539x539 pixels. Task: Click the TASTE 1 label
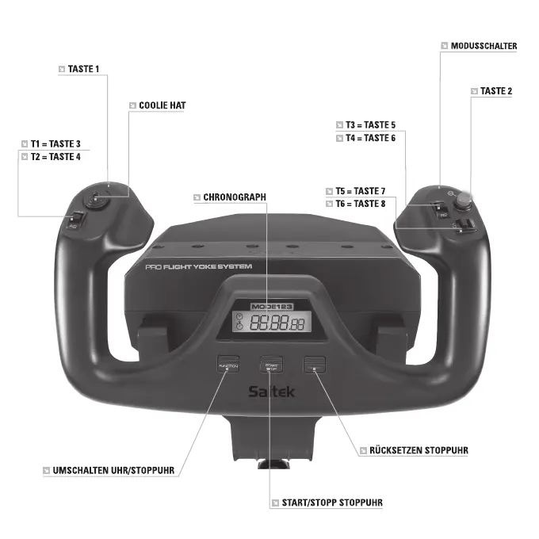point(84,69)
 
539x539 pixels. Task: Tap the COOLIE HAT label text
point(162,105)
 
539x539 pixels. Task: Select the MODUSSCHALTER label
point(484,46)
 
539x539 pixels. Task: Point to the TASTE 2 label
point(496,91)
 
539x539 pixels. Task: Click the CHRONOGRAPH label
point(235,197)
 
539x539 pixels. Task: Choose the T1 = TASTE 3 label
point(55,143)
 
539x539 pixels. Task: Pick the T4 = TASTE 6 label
point(370,138)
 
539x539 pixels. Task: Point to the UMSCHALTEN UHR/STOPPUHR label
point(108,471)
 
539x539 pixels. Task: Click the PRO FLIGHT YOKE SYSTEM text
point(199,267)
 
